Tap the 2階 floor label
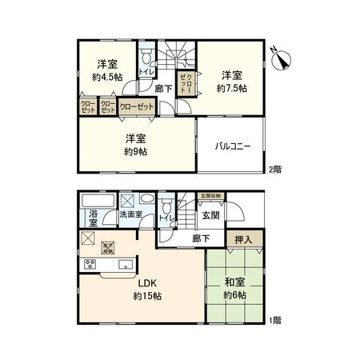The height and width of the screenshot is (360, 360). point(274,169)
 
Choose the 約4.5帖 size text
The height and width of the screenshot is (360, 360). point(107,77)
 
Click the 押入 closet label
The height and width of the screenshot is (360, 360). point(243,238)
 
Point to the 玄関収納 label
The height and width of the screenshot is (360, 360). point(211,196)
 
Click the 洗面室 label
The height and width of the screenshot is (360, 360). point(130,215)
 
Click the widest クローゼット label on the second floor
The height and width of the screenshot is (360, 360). point(137,106)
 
